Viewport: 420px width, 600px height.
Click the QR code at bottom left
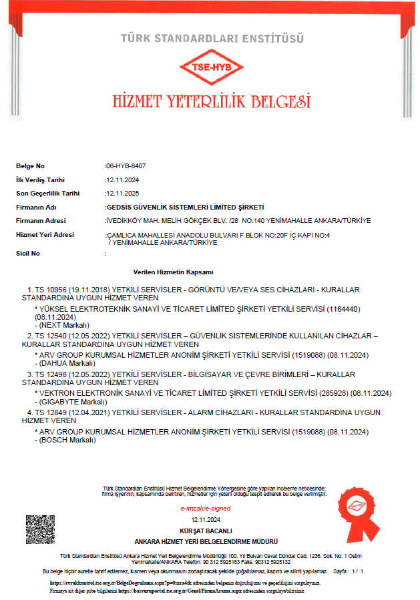[40, 529]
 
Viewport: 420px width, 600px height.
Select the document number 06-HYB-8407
[126, 166]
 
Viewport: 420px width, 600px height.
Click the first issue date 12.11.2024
[122, 180]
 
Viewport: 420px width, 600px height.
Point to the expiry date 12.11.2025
[122, 194]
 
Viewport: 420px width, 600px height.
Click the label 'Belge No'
[30, 166]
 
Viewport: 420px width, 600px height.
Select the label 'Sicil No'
[28, 254]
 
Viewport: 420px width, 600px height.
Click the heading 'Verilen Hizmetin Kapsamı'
[173, 272]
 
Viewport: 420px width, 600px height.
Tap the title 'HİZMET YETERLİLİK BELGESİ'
[212, 101]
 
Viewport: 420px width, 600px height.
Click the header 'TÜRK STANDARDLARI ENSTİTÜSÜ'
[212, 39]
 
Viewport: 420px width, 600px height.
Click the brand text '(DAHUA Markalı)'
[62, 362]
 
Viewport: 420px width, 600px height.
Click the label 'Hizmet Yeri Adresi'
[45, 234]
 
